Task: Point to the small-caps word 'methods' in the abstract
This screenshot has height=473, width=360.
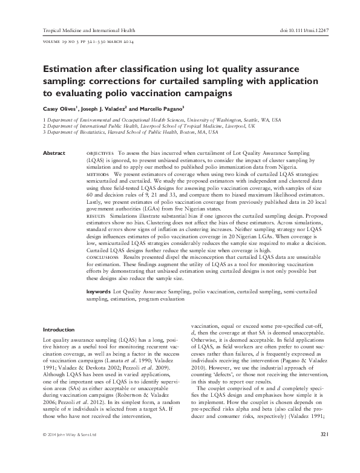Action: tap(98, 174)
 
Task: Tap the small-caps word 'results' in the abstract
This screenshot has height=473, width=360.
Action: tap(96, 215)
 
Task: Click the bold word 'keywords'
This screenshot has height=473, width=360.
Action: tap(99, 291)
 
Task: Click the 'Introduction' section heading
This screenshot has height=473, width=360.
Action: tap(59, 330)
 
